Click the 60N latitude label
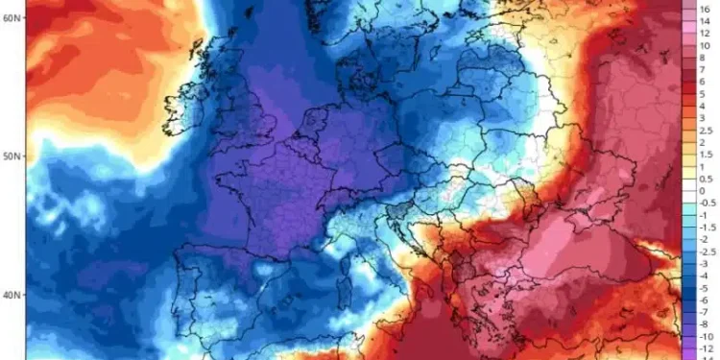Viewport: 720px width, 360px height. click(12, 17)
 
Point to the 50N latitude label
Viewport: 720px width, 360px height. click(12, 156)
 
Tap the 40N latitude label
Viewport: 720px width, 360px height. click(12, 295)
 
